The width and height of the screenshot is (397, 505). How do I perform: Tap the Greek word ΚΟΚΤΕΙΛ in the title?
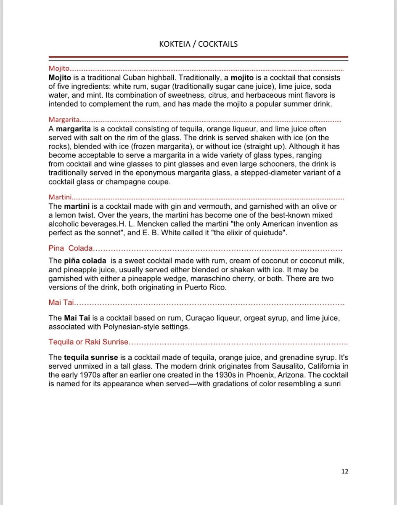point(175,44)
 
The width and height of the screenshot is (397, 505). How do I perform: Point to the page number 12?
point(345,471)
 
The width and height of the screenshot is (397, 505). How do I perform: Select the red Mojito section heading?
point(59,68)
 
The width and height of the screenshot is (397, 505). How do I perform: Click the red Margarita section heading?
point(64,120)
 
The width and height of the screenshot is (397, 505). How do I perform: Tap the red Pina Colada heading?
point(70,248)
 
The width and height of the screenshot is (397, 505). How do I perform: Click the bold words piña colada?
point(85,261)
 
